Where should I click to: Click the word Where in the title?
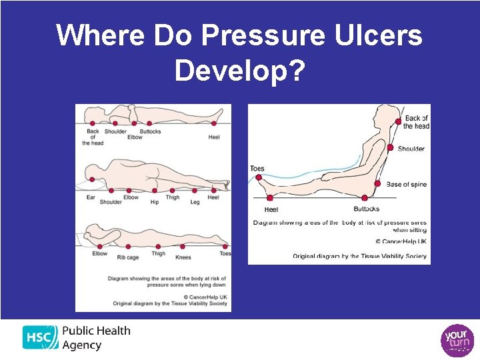coord(101,35)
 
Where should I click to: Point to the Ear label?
coord(91,197)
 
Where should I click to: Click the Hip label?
coord(155,201)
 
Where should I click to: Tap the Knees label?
coord(183,257)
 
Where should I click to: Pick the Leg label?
coord(195,201)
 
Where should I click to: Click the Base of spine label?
coord(407,185)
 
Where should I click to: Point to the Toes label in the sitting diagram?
coord(257,169)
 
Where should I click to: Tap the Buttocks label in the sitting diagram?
coord(366,209)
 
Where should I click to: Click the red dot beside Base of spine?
coord(377,183)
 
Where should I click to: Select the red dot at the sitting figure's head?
coord(398,123)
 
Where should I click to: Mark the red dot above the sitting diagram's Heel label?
coord(270,197)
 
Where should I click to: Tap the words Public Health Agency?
coord(96,338)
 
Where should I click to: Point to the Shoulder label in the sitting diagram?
coord(411,149)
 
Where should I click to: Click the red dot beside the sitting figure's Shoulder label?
coord(391,148)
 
